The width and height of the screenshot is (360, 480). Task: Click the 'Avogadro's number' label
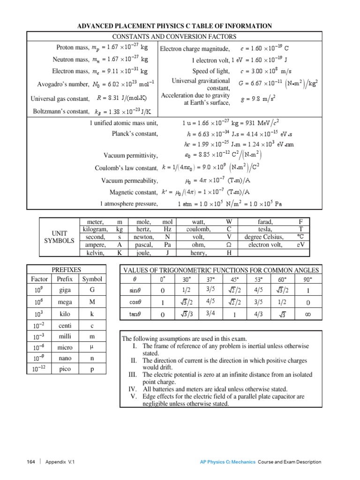63,84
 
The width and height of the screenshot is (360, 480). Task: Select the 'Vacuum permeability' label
130,180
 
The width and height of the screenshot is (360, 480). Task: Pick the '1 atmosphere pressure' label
129,204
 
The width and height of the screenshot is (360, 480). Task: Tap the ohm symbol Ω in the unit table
229,245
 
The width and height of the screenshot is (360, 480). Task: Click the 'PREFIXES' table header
66,270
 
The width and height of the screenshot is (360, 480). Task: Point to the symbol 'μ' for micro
92,347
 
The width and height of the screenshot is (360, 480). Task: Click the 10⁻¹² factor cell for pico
39,369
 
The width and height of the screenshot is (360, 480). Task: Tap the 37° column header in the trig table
210,280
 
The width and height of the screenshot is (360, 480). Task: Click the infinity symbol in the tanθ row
307,315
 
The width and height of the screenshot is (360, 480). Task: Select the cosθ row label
135,303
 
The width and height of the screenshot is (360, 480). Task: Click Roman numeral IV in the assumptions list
133,389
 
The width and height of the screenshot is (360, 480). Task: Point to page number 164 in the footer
31,462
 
